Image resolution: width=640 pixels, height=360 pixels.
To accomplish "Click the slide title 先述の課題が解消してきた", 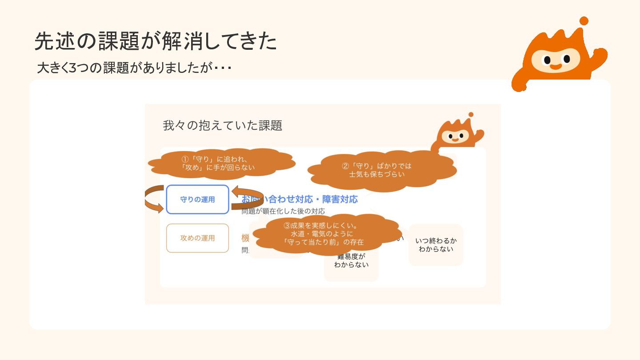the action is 156,41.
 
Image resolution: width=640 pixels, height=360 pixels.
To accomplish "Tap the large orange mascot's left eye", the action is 547,60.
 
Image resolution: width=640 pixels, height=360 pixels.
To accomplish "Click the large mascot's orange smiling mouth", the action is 556,67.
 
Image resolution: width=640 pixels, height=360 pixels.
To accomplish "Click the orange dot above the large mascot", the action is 584,21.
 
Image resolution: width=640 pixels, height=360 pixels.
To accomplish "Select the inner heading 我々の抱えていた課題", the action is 222,126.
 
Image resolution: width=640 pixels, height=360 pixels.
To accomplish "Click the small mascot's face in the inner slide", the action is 455,136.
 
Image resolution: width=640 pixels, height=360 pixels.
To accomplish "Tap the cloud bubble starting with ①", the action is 221,163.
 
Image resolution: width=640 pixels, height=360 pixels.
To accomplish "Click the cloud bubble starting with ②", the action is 377,170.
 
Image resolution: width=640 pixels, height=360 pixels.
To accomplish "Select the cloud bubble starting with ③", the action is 324,234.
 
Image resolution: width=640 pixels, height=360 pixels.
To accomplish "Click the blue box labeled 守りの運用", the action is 197,200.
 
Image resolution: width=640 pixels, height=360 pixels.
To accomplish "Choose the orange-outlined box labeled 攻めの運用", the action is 197,238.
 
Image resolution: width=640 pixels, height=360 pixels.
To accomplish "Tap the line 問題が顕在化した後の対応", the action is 283,211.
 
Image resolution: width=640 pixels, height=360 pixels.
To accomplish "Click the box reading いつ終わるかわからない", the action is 436,245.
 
